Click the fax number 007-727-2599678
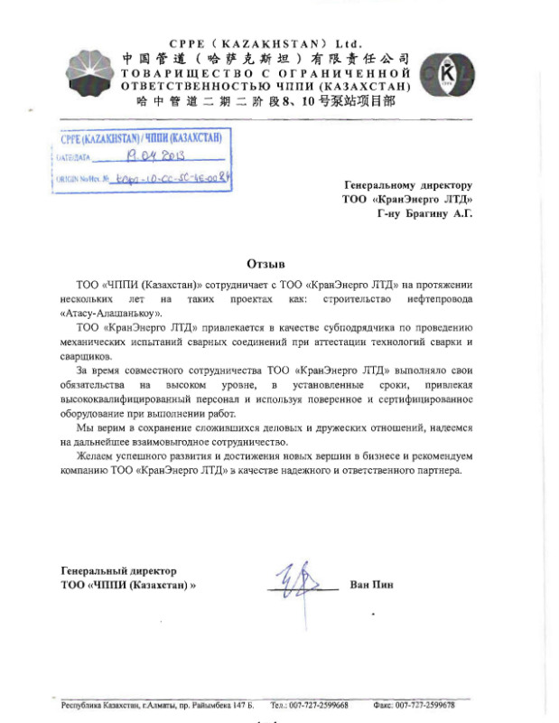[424, 705]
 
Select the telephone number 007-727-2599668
[319, 705]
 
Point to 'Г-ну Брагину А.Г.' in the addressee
[424, 214]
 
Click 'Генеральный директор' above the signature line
[118, 570]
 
